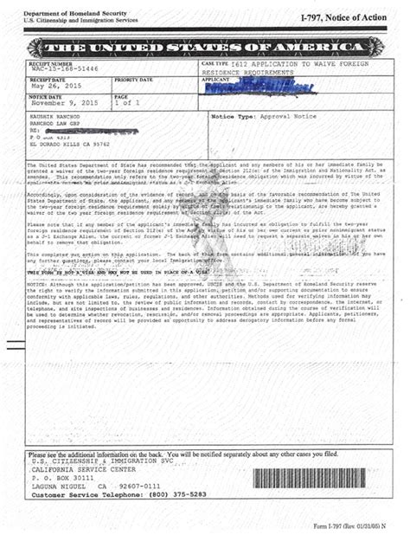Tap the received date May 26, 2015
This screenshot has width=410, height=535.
pyautogui.click(x=54, y=87)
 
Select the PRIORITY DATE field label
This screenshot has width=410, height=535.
pyautogui.click(x=133, y=80)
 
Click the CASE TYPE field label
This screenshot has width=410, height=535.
pyautogui.click(x=215, y=65)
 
